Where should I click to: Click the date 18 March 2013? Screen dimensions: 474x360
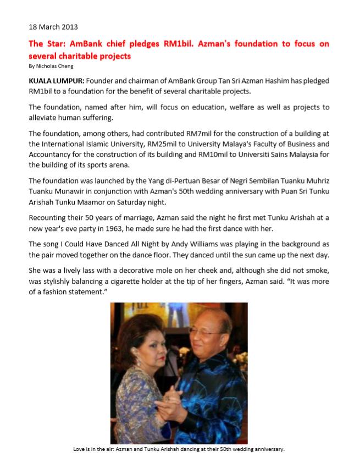tap(53, 26)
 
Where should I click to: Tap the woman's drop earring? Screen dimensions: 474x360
tap(148, 363)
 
